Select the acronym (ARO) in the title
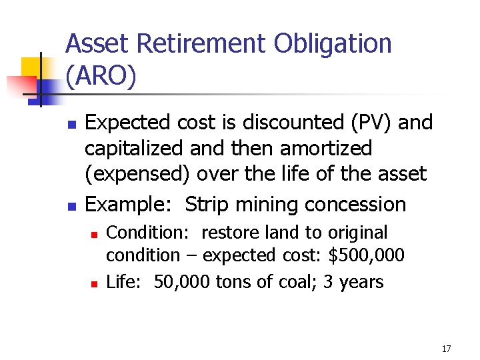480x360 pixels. click(x=101, y=77)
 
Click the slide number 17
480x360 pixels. click(x=446, y=349)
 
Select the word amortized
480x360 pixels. click(x=321, y=148)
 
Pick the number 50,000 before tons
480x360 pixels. click(x=182, y=282)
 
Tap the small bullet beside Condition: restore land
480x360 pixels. click(x=95, y=234)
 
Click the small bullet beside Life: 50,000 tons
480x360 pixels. click(x=95, y=283)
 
